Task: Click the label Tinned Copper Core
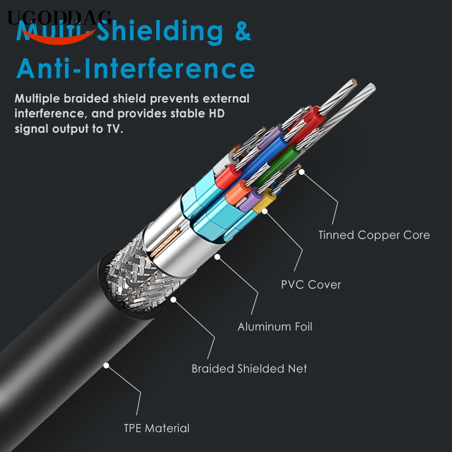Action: pyautogui.click(x=374, y=235)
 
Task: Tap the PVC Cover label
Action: pyautogui.click(x=311, y=284)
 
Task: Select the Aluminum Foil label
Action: pyautogui.click(x=275, y=326)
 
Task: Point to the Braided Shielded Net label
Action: pyautogui.click(x=249, y=368)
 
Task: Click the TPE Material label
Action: pyautogui.click(x=157, y=428)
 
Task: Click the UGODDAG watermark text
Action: pyautogui.click(x=59, y=18)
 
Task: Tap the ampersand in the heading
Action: pyautogui.click(x=242, y=32)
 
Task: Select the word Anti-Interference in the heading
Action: pyautogui.click(x=135, y=69)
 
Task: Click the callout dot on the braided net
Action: pyautogui.click(x=174, y=298)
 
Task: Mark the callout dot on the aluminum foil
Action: pyautogui.click(x=217, y=257)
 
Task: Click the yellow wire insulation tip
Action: pyautogui.click(x=261, y=204)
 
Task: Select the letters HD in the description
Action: pyautogui.click(x=216, y=113)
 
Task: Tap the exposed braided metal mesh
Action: pyautogui.click(x=131, y=280)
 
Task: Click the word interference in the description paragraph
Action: pyautogui.click(x=50, y=113)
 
